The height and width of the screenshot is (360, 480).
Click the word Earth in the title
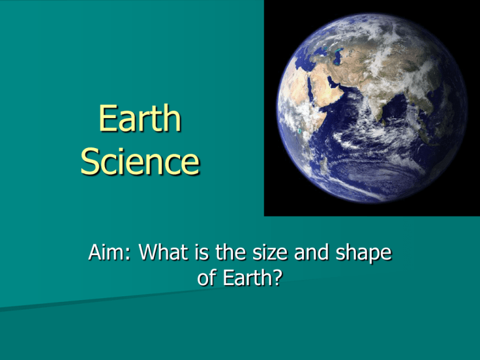pos(139,121)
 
